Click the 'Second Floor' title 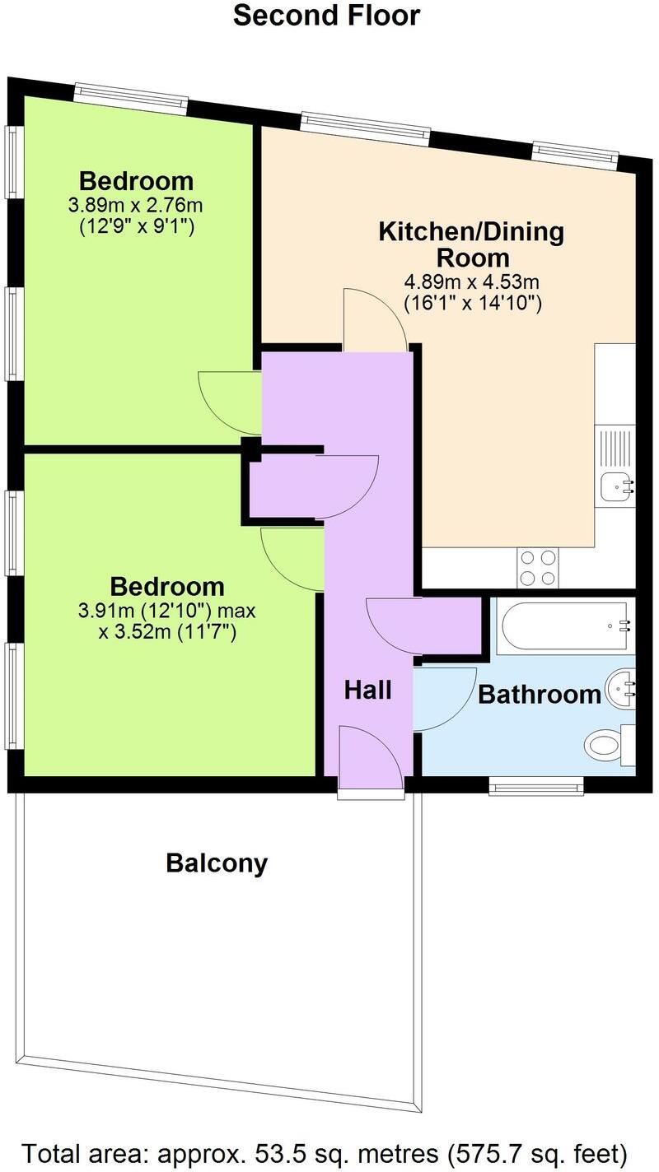pyautogui.click(x=326, y=16)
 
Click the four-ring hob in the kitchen pyautogui.click(x=538, y=567)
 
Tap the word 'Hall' pyautogui.click(x=367, y=690)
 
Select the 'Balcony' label pyautogui.click(x=217, y=863)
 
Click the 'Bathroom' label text pyautogui.click(x=540, y=695)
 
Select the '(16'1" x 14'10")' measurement pyautogui.click(x=471, y=303)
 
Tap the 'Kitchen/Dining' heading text pyautogui.click(x=471, y=232)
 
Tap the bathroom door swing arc pyautogui.click(x=443, y=698)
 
